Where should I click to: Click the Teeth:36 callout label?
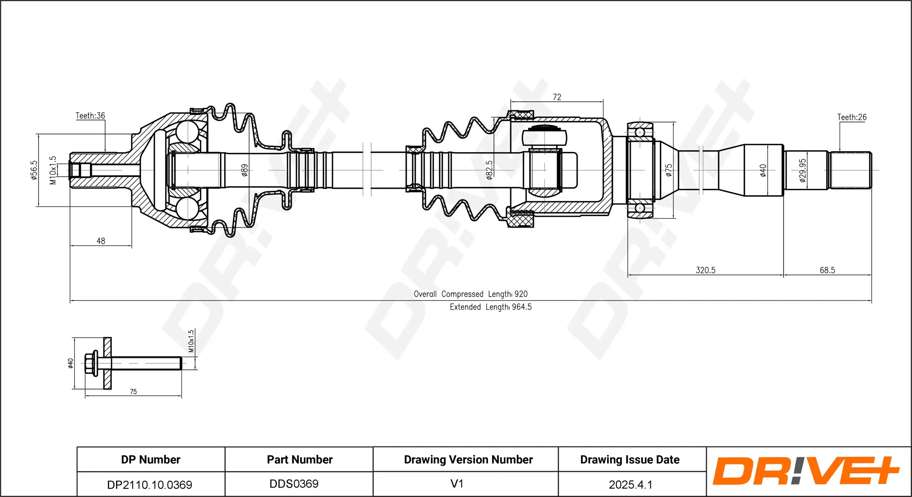pos(90,116)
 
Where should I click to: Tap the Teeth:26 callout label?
pos(851,117)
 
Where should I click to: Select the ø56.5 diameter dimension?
pos(34,170)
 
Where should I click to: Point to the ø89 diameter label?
pos(244,170)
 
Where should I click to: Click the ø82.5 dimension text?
pos(489,170)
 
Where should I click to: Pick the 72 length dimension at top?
pos(557,97)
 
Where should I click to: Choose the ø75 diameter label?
pos(668,170)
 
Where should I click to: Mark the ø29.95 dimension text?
pos(803,170)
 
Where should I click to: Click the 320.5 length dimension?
pos(706,270)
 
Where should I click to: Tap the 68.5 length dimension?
pos(827,270)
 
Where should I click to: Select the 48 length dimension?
pos(101,241)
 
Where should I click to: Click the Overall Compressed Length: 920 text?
pos(471,294)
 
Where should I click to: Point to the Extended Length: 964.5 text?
pos(490,307)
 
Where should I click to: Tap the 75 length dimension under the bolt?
pos(133,392)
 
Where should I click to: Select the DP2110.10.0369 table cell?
pos(150,485)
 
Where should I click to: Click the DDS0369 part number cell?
pos(294,484)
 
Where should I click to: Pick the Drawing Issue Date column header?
pos(630,459)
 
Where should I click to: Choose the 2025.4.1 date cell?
pos(630,485)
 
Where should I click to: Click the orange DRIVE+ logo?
pos(805,471)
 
